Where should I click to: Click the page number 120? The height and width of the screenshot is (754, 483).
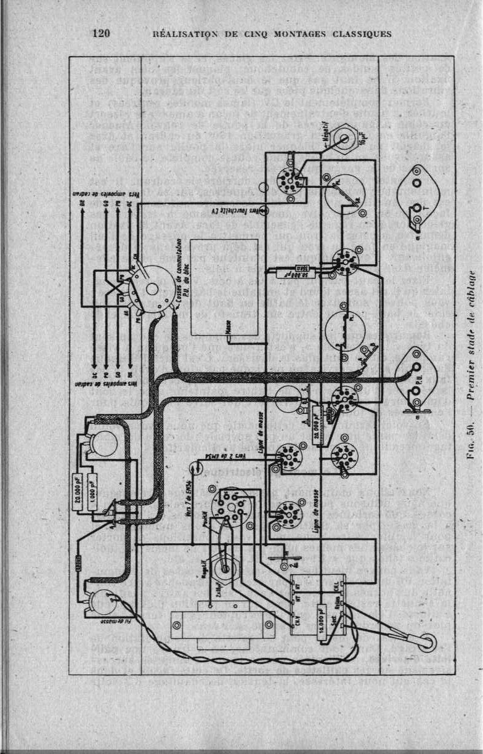(101, 33)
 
